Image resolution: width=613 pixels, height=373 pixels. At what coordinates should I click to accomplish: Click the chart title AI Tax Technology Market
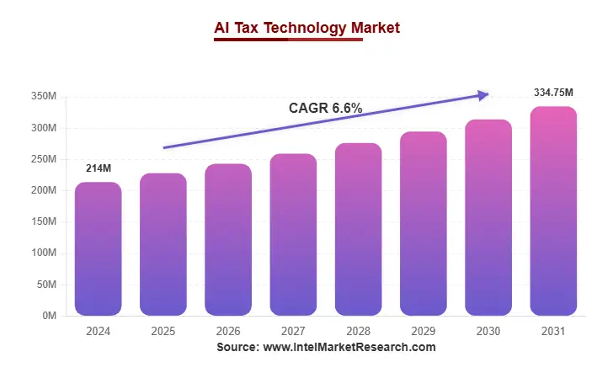click(x=306, y=28)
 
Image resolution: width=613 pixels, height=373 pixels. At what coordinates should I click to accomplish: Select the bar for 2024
click(x=98, y=248)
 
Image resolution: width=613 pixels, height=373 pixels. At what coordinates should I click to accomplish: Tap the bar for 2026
click(x=228, y=240)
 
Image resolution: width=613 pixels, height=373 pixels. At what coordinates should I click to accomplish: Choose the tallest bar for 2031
click(x=553, y=210)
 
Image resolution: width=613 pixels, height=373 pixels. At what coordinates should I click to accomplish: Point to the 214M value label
click(x=99, y=169)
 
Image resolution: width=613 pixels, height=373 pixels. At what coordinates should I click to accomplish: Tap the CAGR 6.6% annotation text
click(x=325, y=108)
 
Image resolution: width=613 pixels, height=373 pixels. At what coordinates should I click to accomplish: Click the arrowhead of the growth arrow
click(x=484, y=95)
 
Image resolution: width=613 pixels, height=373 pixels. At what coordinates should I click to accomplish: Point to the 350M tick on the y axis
click(x=43, y=97)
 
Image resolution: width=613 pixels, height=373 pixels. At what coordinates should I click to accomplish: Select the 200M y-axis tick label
click(x=43, y=191)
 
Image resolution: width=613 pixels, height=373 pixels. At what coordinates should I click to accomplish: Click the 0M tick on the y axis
click(x=49, y=316)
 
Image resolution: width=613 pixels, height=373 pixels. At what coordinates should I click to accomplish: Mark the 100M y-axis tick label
click(x=43, y=253)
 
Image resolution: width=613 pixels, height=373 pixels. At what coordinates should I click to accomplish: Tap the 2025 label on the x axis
click(x=163, y=331)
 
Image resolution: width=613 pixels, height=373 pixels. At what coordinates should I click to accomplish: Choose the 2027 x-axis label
click(x=293, y=331)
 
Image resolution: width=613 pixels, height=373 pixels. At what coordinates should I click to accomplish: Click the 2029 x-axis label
click(x=423, y=331)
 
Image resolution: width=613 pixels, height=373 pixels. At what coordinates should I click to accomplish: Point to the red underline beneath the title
click(x=288, y=40)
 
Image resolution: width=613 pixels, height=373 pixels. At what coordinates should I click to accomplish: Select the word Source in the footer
click(x=237, y=347)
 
